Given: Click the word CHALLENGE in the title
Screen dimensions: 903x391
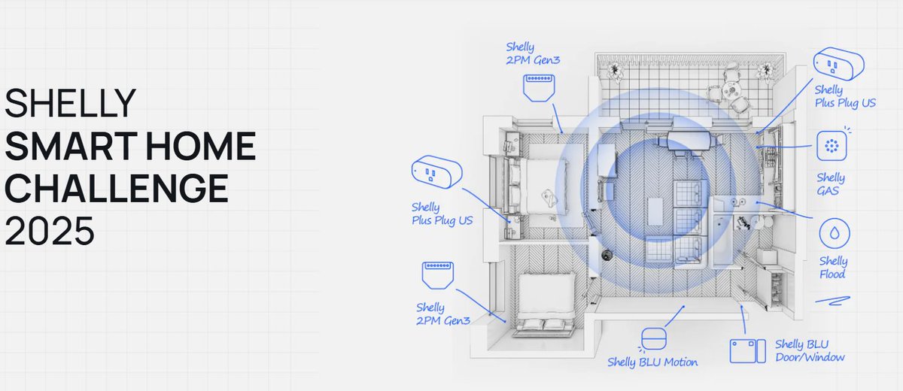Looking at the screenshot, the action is (117, 188).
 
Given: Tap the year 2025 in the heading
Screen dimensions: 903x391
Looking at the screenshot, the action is (50, 231).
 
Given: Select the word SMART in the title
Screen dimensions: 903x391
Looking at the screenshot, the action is (71, 145).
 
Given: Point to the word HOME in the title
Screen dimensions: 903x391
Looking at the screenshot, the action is (201, 145).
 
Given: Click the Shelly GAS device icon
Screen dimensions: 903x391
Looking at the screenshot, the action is (832, 146).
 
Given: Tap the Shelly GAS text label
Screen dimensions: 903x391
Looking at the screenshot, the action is (831, 184).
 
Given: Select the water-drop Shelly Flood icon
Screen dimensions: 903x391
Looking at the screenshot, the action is (834, 233).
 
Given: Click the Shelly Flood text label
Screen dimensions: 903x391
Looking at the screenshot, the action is (833, 268).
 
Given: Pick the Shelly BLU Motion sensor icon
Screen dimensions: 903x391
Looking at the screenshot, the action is (653, 339).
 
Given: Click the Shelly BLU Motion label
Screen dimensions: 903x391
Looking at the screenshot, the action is (652, 362).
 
